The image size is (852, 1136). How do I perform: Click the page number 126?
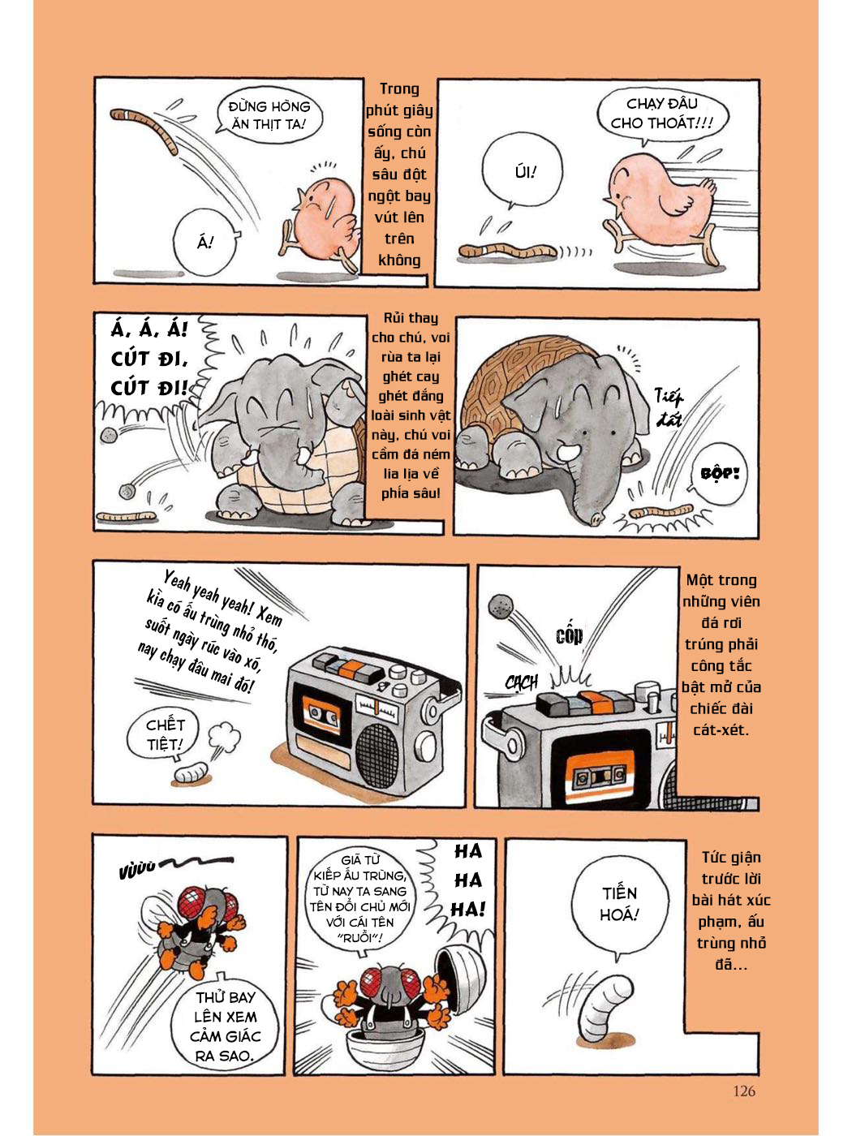click(x=743, y=1091)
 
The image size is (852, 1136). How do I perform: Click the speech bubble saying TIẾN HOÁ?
click(x=620, y=903)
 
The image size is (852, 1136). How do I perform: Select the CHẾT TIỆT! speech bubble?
click(x=165, y=734)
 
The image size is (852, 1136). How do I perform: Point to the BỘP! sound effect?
click(x=719, y=472)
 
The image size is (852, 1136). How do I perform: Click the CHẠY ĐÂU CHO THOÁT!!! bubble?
click(x=661, y=114)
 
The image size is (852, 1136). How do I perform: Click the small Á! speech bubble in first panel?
click(x=205, y=241)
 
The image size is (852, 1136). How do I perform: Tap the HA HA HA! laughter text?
click(x=468, y=880)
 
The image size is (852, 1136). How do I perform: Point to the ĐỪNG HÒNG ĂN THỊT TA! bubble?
click(x=269, y=115)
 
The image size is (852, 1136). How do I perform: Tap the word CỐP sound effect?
click(x=569, y=635)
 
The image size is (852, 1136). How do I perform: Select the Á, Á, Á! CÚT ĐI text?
click(x=149, y=358)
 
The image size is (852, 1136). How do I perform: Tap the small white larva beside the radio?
click(x=191, y=772)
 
